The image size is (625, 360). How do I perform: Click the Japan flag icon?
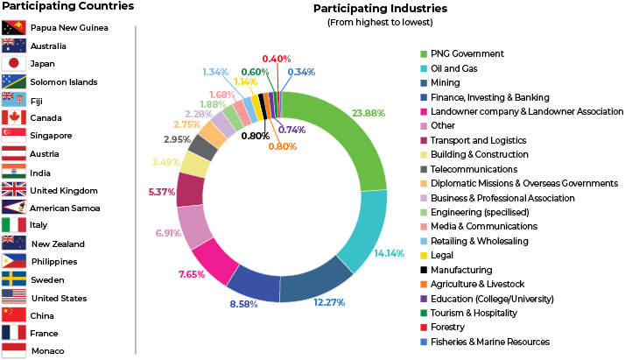point(14,64)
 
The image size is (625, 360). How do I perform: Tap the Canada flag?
point(14,117)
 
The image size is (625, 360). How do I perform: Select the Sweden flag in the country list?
point(14,279)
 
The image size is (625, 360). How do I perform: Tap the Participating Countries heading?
point(68,7)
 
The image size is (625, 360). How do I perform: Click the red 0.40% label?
point(277,57)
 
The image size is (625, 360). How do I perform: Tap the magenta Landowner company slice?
point(211,260)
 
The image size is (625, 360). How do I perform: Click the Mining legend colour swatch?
point(425,83)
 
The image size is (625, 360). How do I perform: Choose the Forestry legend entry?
point(450,328)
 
